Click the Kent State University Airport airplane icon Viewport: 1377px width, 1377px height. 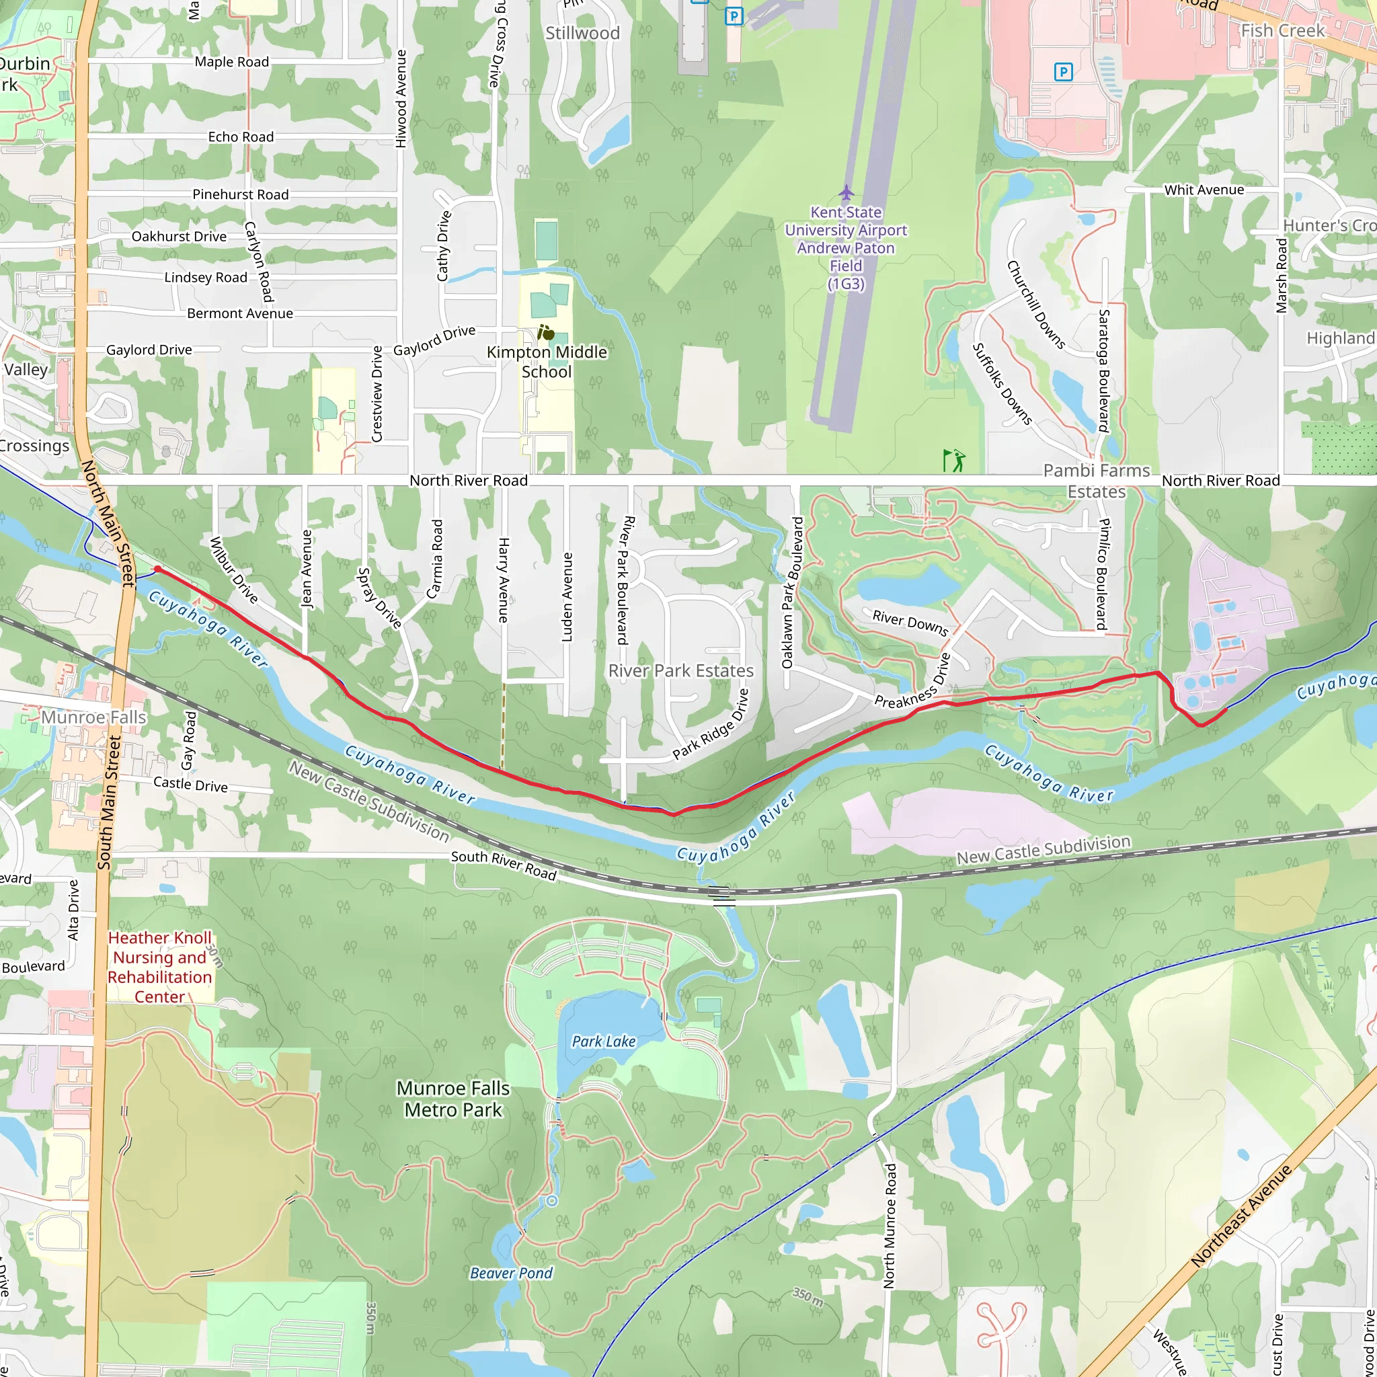845,192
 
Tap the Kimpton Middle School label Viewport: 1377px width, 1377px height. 547,361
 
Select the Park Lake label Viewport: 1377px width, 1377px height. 604,1041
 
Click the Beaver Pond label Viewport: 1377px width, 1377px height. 511,1273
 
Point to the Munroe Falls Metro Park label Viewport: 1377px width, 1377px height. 453,1099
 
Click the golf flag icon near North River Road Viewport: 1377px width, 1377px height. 953,460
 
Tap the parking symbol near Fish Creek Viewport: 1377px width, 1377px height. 1063,71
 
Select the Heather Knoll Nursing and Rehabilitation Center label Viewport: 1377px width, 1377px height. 159,967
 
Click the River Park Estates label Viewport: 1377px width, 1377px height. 680,670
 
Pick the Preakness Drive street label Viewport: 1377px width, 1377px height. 912,681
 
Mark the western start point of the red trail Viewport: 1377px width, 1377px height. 157,569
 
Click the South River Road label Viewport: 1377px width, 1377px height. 503,865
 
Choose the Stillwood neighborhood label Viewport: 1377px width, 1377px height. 582,33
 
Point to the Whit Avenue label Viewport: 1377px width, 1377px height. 1204,190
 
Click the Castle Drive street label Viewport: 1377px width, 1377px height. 190,784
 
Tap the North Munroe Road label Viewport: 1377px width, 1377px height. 889,1226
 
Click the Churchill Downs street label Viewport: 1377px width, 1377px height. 1035,305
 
